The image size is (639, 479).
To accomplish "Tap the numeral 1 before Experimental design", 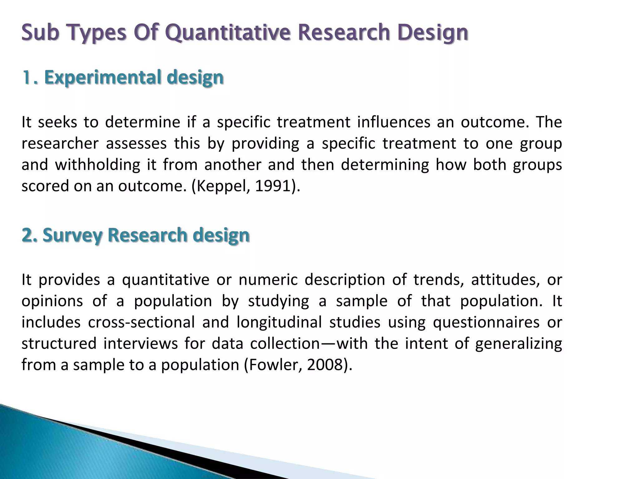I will pyautogui.click(x=26, y=77).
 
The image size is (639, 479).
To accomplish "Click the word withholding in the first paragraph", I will pyautogui.click(x=98, y=165).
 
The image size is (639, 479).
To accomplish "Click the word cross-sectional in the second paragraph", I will pyautogui.click(x=141, y=322).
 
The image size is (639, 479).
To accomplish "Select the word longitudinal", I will pyautogui.click(x=279, y=322).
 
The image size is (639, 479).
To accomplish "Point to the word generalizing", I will pyautogui.click(x=518, y=343).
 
